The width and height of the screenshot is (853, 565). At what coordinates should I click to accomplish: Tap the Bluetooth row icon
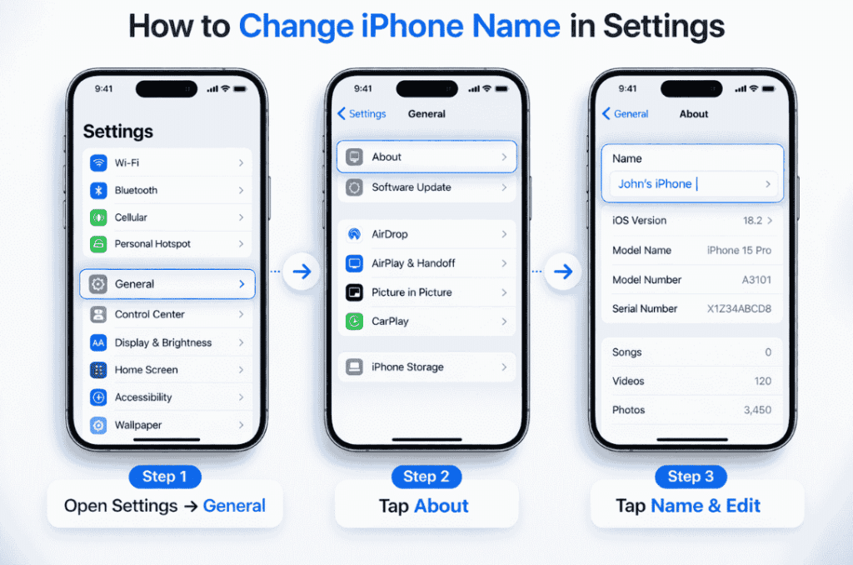(98, 190)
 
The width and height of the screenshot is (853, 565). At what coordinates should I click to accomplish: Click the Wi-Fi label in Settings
(127, 162)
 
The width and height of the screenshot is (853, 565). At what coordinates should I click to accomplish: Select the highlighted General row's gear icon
(98, 284)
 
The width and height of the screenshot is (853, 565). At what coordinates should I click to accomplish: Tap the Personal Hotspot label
(152, 244)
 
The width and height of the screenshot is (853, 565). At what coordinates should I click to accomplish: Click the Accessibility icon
(98, 397)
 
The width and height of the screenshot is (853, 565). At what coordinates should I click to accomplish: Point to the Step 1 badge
(164, 477)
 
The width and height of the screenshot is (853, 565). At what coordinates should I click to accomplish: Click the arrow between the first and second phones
(302, 271)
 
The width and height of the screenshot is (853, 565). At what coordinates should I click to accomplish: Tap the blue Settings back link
(362, 114)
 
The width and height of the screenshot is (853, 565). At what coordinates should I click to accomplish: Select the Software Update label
(412, 187)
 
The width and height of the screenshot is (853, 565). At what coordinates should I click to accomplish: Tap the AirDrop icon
(355, 234)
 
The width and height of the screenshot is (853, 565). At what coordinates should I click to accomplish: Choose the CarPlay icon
(355, 321)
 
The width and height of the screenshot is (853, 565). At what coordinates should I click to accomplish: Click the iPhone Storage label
(407, 367)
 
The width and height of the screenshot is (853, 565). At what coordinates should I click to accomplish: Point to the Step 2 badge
(426, 477)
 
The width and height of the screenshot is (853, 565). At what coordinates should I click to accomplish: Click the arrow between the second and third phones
(563, 271)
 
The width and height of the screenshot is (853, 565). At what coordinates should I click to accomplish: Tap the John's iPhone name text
(655, 184)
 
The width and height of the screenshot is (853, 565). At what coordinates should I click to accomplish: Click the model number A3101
(756, 280)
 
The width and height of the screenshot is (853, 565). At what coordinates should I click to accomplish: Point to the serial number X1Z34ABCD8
(739, 309)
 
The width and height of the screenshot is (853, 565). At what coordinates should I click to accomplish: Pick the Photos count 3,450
(757, 410)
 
